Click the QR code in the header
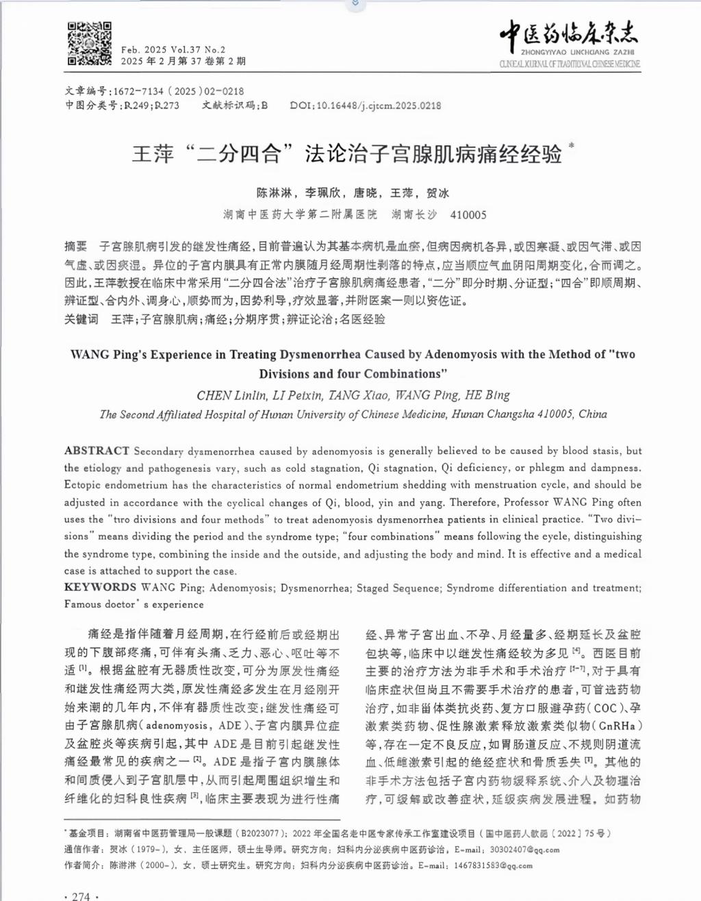[x=90, y=44]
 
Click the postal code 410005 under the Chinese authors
[x=468, y=215]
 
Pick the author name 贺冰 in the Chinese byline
[x=438, y=193]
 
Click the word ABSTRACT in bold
[x=97, y=450]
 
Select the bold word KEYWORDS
[x=101, y=587]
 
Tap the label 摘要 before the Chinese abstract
[x=76, y=246]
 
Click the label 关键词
[x=81, y=319]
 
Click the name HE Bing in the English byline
[x=487, y=395]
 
